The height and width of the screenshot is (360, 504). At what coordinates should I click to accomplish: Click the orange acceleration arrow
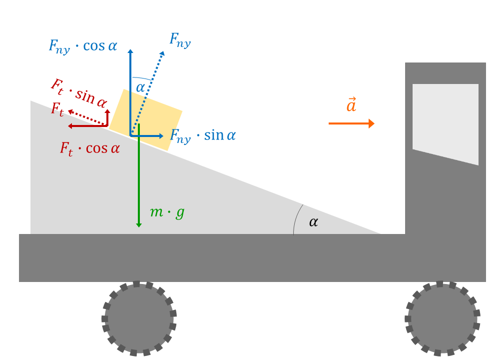point(351,123)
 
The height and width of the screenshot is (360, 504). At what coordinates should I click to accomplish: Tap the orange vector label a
point(351,104)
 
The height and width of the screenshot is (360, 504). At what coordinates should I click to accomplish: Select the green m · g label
point(167,212)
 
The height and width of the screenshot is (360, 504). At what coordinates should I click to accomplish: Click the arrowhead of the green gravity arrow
point(139,224)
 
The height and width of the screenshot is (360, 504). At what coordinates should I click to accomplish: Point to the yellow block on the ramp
point(146,119)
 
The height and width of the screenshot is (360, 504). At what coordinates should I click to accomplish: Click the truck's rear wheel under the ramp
point(139,318)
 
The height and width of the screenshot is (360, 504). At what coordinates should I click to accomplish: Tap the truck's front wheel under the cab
point(442,318)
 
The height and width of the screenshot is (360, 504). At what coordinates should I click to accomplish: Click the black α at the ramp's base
point(314,222)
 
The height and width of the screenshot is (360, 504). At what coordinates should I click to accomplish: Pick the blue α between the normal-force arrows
point(140,87)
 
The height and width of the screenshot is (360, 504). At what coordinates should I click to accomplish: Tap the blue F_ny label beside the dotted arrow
point(180,41)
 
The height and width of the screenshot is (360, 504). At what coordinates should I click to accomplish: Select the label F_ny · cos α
point(83,46)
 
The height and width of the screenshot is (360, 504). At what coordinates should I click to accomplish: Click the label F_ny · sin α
point(203,136)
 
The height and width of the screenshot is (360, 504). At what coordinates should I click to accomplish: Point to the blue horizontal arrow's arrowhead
point(161,136)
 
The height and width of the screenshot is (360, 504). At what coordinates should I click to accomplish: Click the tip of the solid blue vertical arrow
point(130,51)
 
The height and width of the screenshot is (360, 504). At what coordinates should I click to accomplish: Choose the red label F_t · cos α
point(90,149)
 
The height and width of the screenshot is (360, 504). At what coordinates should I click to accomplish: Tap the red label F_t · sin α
point(79,93)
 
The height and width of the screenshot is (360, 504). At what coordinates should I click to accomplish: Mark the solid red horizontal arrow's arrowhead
point(70,126)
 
